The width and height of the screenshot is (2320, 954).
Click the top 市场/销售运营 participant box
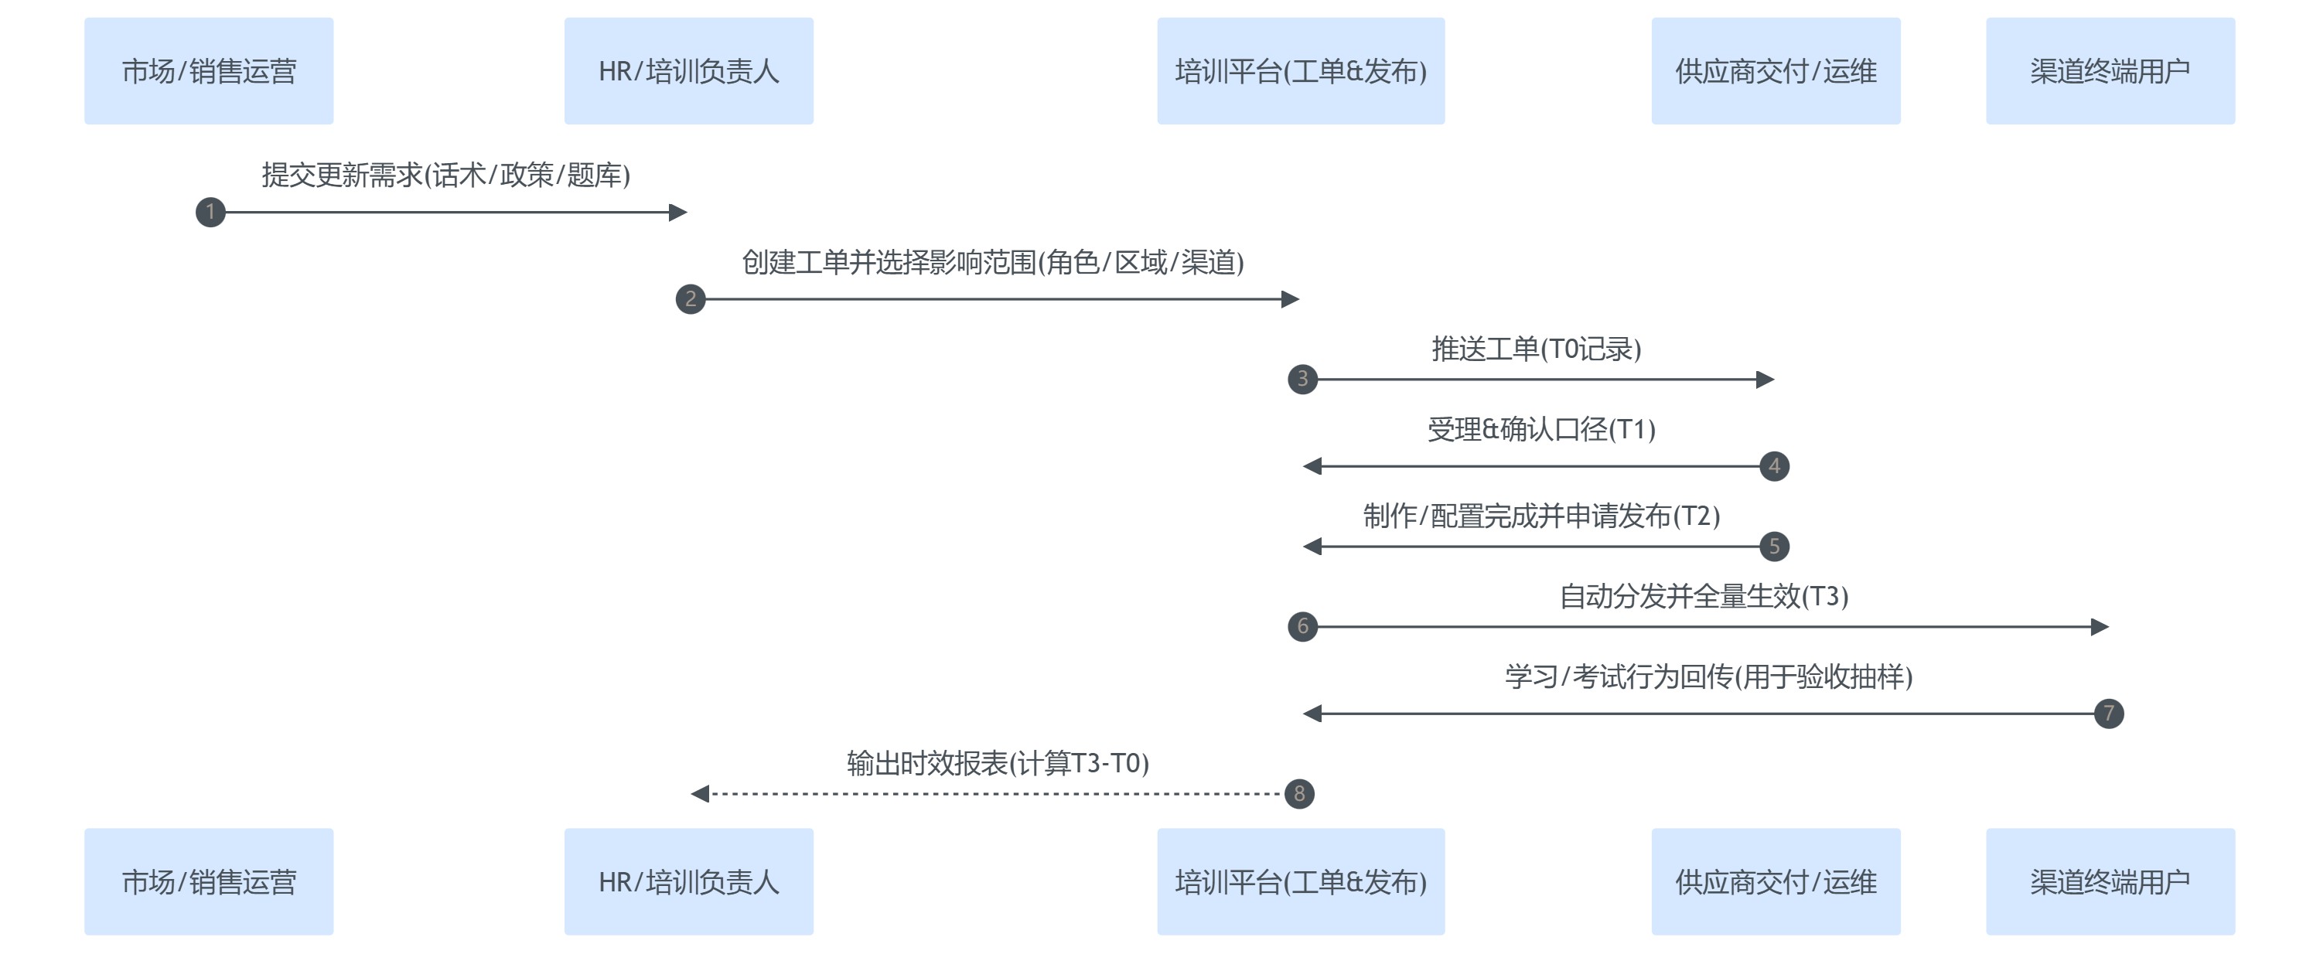209,71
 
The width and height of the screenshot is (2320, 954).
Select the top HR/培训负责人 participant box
689,71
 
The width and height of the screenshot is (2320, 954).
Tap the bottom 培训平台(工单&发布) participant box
1301,881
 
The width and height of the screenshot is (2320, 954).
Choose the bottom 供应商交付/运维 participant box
1775,881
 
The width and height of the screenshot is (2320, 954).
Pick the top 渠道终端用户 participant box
2110,71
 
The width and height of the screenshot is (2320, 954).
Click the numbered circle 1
211,213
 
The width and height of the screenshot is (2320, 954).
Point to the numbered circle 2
691,298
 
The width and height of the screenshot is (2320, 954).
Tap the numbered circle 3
1302,379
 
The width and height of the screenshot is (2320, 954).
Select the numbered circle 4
1774,466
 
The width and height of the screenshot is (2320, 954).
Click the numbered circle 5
1774,547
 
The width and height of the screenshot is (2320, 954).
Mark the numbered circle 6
1302,626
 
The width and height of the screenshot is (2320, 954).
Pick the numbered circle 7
2108,714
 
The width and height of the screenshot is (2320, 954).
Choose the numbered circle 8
1298,794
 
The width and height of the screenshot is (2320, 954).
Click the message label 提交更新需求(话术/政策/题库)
445,175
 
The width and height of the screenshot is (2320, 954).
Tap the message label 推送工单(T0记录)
1537,349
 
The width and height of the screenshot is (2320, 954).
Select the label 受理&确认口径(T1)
1541,429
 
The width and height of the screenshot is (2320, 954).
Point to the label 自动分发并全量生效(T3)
1703,596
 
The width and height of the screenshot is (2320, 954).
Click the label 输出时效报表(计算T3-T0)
997,763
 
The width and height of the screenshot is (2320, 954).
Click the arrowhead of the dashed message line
700,794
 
